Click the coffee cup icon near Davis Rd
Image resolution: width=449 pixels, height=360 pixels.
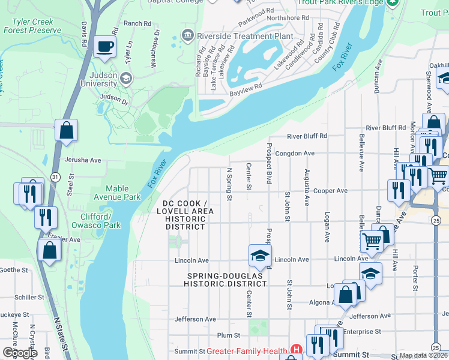tap(104, 46)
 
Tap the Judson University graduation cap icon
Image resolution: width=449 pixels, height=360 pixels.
tap(126, 78)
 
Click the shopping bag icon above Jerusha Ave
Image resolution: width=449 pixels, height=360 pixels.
tap(66, 130)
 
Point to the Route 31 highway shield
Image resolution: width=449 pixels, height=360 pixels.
tap(55, 177)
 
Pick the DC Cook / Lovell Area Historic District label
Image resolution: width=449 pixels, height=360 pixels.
tap(181, 211)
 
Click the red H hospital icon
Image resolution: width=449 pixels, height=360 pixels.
tap(295, 349)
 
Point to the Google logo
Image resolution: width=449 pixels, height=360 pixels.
tap(20, 353)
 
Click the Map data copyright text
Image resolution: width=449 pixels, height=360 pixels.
tap(423, 355)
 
